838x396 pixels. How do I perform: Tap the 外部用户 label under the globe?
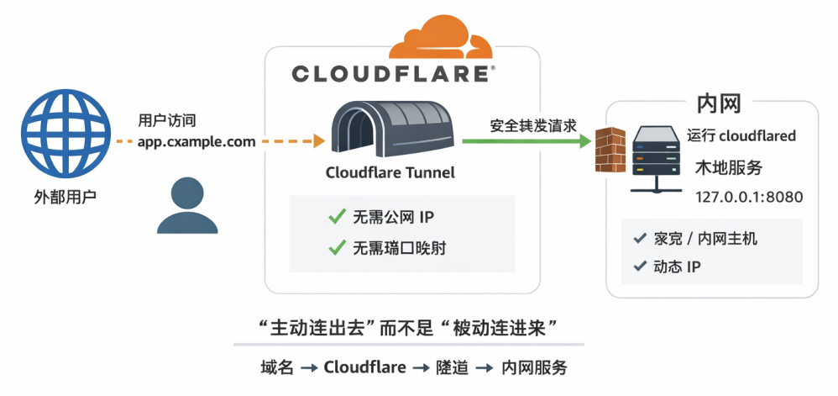[65, 198]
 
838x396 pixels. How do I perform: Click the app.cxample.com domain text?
[196, 141]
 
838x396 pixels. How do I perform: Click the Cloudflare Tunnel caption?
[390, 173]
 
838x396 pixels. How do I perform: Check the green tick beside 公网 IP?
[337, 219]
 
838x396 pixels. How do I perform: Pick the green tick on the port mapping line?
[337, 247]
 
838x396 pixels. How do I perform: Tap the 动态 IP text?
[677, 267]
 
